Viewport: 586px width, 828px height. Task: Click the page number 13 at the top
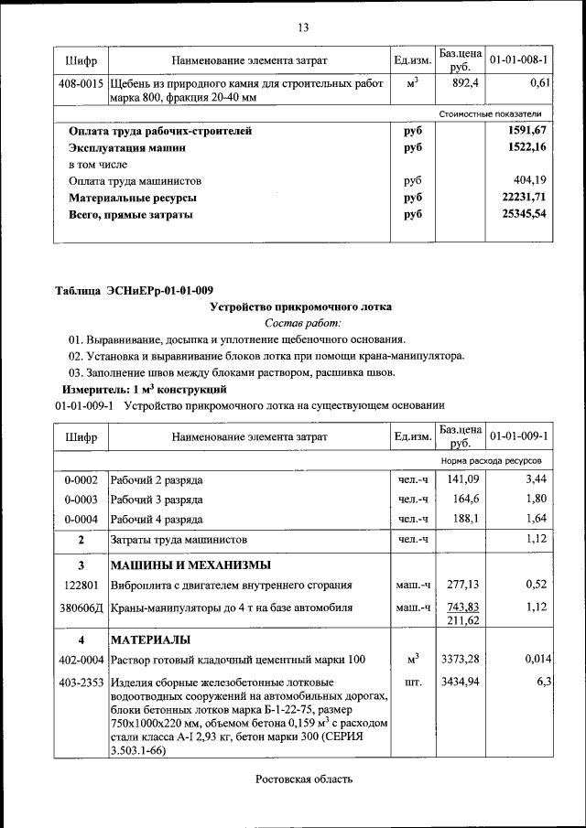(x=303, y=27)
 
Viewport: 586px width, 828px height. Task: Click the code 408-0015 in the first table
(x=81, y=83)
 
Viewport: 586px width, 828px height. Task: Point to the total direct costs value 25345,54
(x=525, y=214)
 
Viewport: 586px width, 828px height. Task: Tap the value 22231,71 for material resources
(x=525, y=198)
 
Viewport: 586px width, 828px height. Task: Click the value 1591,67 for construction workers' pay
(x=526, y=131)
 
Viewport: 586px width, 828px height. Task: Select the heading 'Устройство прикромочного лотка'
(x=302, y=307)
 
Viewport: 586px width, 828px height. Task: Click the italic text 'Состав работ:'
(x=302, y=323)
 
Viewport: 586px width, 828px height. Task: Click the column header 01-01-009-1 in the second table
(x=518, y=436)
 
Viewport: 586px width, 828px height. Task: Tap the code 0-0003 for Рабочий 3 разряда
(x=81, y=500)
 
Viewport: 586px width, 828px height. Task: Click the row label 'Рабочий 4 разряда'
(x=157, y=520)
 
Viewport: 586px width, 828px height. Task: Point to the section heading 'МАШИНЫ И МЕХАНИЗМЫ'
(x=190, y=564)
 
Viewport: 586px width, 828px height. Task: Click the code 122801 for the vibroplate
(x=81, y=586)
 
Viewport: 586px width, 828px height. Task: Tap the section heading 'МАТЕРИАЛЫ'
(x=151, y=638)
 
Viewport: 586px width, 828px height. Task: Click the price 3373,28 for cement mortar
(x=461, y=659)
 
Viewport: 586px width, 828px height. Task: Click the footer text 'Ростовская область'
(x=303, y=779)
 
